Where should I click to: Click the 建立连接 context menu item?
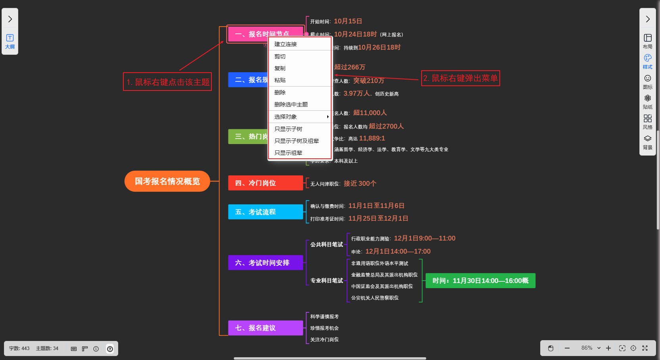point(286,44)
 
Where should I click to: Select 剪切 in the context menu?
point(280,56)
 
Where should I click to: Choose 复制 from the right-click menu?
point(280,68)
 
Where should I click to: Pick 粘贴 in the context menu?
point(280,80)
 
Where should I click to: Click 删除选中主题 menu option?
point(291,104)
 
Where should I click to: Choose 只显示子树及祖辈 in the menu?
point(297,141)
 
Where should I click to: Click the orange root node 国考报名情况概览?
point(167,181)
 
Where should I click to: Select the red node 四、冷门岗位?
point(265,183)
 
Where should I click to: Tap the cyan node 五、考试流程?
point(265,212)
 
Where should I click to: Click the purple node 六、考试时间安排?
point(265,263)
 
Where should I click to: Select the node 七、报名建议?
point(265,328)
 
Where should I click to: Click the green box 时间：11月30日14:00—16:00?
point(480,281)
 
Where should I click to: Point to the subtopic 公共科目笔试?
point(326,244)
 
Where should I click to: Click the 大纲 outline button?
point(10,41)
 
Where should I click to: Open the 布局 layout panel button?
point(647,41)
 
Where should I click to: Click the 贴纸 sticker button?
point(647,102)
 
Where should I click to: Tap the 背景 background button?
point(647,142)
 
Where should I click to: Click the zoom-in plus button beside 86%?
point(608,348)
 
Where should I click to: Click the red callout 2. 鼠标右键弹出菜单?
point(460,78)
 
